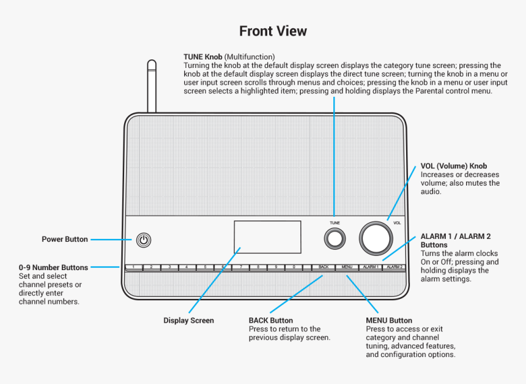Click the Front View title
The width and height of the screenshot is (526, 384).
(273, 31)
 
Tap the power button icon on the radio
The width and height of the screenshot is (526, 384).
(143, 239)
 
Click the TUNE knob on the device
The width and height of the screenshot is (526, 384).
(334, 239)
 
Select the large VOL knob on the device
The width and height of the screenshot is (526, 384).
(376, 238)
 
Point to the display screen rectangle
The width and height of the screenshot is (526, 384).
(267, 237)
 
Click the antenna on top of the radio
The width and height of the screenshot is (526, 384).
(152, 86)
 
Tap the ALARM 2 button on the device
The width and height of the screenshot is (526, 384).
(394, 267)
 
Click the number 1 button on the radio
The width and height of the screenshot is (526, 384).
(133, 267)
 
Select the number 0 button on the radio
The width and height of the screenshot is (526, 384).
(294, 267)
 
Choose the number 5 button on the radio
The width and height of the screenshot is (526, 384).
(205, 267)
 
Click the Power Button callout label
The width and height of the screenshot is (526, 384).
(65, 239)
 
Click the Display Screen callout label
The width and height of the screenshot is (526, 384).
(188, 320)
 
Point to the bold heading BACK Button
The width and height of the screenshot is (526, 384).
(270, 320)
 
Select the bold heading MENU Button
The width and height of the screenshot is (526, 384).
(389, 320)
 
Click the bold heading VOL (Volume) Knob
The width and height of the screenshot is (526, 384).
(453, 166)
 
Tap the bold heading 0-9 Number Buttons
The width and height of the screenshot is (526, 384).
(53, 268)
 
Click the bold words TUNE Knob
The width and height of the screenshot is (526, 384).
(203, 57)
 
